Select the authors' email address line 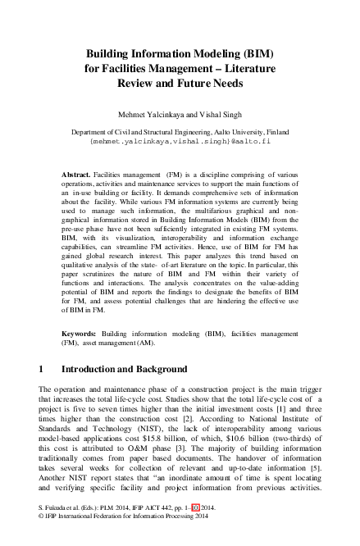[x=180, y=140]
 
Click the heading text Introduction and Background [x=122, y=369]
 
